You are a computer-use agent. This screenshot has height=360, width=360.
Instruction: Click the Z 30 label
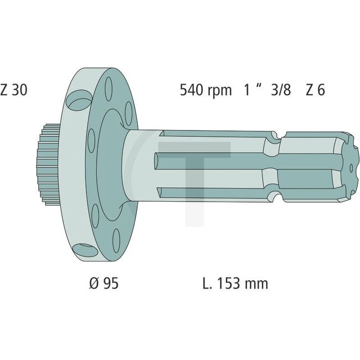click(x=13, y=90)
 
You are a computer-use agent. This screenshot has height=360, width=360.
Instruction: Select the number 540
click(x=192, y=90)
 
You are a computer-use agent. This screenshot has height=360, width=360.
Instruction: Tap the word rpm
click(x=220, y=91)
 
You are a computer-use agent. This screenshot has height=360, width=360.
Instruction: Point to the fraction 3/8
click(x=281, y=90)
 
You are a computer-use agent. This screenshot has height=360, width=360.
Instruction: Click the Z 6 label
click(x=315, y=90)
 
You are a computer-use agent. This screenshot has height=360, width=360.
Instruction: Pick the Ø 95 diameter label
click(x=104, y=283)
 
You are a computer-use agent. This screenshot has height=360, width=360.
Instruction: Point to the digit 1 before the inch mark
click(x=246, y=90)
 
